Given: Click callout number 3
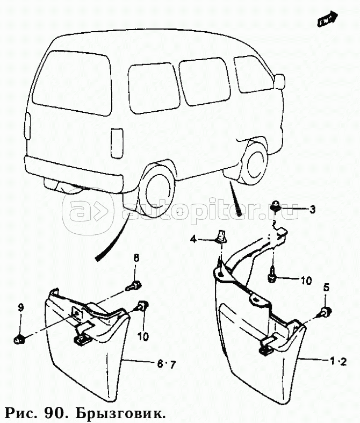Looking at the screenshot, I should (x=312, y=210).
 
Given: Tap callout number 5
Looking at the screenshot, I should (x=326, y=288).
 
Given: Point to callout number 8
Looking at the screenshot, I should (x=135, y=259).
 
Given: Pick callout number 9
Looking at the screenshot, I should (x=20, y=307).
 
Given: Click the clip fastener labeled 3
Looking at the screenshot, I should (x=276, y=204).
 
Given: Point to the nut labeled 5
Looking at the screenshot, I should (x=326, y=312).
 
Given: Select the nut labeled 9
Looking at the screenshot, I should (x=20, y=339).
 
